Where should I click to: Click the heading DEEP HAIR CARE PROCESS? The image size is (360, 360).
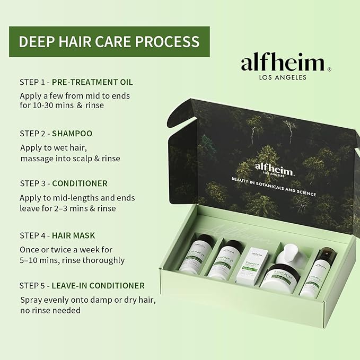coord(109,41)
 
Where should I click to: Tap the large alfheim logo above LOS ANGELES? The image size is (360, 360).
coord(282,63)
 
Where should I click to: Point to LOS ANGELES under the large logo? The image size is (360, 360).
coord(282,77)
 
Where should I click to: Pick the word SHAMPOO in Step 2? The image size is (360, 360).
coord(72,133)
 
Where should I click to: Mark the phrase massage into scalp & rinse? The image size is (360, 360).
coord(71,158)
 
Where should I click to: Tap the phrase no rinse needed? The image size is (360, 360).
coord(50,310)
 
